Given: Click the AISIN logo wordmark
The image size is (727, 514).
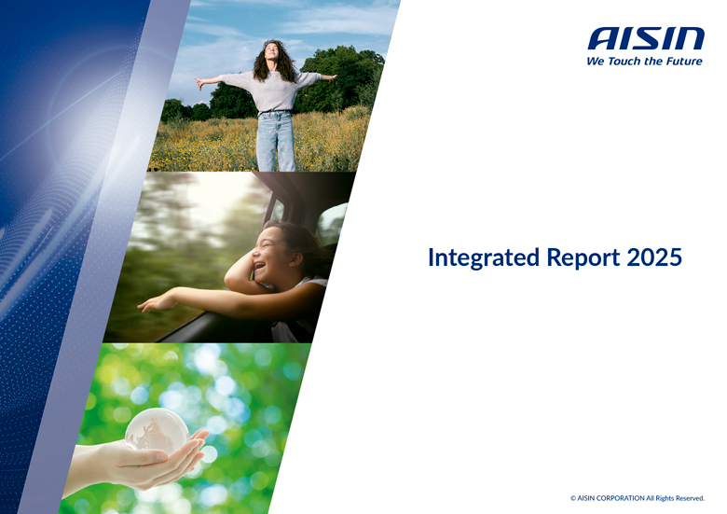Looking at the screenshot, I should (645, 38).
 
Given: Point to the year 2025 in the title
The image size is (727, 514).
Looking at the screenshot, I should (654, 257).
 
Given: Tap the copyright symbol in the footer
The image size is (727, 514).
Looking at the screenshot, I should (573, 498).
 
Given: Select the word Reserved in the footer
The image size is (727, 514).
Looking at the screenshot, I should (686, 498).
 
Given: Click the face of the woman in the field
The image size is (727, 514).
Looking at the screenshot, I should (273, 52).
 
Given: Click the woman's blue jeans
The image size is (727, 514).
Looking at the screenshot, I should (275, 140).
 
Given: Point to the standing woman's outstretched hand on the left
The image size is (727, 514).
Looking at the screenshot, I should (200, 82).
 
